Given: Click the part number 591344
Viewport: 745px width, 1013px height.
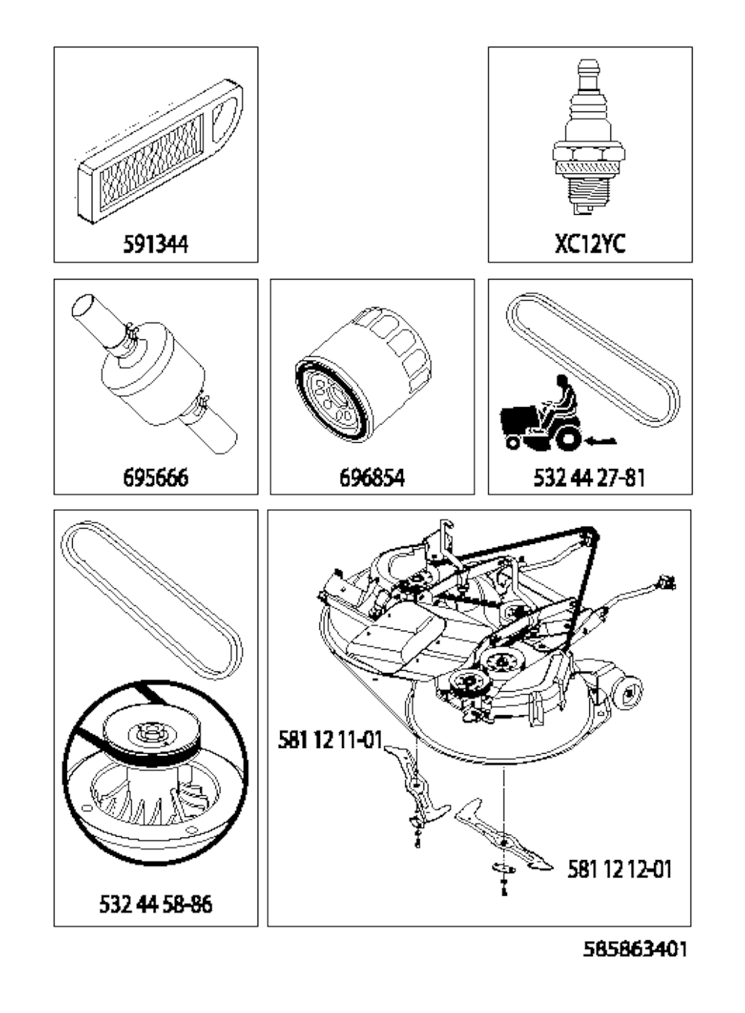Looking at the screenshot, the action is [x=156, y=245].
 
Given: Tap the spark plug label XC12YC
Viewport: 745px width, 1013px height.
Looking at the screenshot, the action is [x=590, y=245].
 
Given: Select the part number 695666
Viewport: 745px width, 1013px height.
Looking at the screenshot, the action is [x=156, y=478].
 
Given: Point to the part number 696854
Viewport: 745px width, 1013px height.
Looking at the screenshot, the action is [x=372, y=478].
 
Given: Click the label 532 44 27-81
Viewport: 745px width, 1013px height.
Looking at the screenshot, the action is [x=590, y=478].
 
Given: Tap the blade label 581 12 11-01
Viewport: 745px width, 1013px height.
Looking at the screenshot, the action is [x=330, y=740].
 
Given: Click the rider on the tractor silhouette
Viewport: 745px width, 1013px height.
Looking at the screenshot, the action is [x=561, y=397].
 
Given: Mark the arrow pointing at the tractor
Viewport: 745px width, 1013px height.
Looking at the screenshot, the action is [x=601, y=441].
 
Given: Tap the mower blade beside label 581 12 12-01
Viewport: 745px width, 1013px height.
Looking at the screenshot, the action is [x=503, y=832].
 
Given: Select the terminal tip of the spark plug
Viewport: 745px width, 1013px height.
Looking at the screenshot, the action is [x=589, y=65].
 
